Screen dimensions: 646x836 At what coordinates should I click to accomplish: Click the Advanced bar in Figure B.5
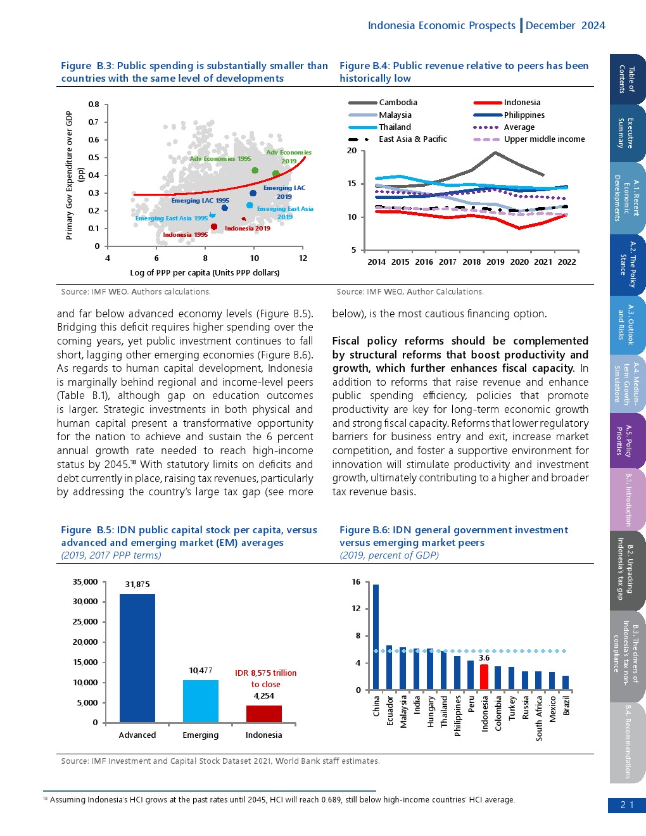[x=137, y=658]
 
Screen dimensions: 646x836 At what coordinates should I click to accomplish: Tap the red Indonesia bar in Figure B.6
[x=484, y=677]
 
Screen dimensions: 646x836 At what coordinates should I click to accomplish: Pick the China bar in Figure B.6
[x=376, y=636]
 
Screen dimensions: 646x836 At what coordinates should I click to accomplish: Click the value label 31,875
[x=137, y=585]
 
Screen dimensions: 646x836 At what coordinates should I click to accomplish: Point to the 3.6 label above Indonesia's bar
[x=484, y=658]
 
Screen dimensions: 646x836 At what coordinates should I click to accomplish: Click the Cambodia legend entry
[x=383, y=103]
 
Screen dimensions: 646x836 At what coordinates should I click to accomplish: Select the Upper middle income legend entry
[x=529, y=139]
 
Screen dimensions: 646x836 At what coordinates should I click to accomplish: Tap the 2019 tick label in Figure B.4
[x=495, y=262]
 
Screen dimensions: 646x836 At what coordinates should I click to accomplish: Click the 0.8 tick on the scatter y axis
[x=94, y=104]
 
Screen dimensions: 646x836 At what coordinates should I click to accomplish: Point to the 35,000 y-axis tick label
[x=85, y=581]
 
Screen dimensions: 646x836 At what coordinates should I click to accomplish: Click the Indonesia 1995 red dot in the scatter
[x=214, y=227]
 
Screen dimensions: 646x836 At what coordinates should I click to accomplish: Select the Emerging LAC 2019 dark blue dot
[x=253, y=193]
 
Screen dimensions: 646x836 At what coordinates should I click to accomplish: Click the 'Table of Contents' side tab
[x=627, y=79]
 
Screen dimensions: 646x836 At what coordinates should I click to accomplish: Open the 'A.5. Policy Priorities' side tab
[x=627, y=440]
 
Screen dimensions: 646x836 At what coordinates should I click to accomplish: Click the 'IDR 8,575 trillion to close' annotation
[x=265, y=678]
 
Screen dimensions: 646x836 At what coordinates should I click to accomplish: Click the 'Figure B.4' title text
[x=364, y=66]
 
